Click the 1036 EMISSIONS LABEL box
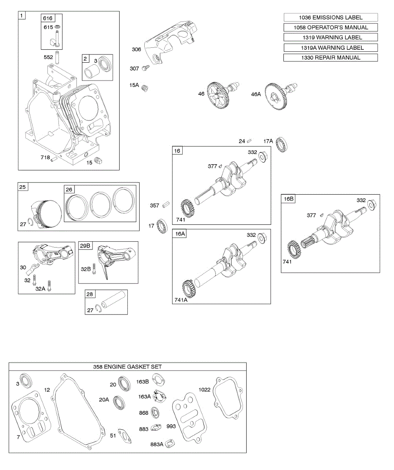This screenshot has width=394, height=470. point(330,17)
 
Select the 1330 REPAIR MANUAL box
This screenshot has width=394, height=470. point(330,58)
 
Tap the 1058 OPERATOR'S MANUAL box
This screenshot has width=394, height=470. point(330,27)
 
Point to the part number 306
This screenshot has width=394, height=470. point(136,49)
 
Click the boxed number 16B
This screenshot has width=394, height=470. point(288,199)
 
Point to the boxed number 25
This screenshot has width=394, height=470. point(22,187)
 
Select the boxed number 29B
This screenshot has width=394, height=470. point(85,246)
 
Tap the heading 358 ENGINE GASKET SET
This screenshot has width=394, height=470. point(127,367)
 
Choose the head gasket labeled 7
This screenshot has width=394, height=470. point(29,415)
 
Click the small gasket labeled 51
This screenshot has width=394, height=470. point(125,436)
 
